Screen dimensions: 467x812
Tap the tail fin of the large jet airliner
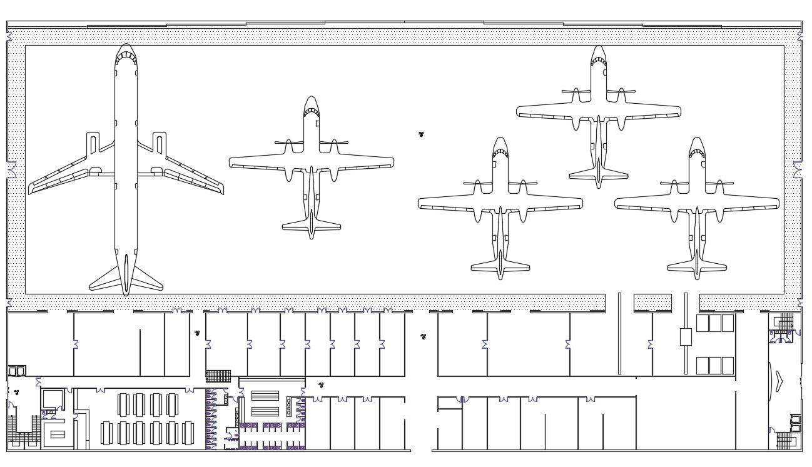pyautogui.click(x=126, y=275)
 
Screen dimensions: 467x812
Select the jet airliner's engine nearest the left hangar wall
pyautogui.click(x=93, y=143)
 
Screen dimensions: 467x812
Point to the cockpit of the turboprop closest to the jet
pyautogui.click(x=312, y=109)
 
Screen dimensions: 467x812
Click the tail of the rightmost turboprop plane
pyautogui.click(x=697, y=265)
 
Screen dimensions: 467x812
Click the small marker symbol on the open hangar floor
pyautogui.click(x=421, y=134)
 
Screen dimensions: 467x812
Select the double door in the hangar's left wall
pyautogui.click(x=11, y=169)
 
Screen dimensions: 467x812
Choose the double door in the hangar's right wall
pyautogui.click(x=798, y=169)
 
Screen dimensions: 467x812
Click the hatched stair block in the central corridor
pyautogui.click(x=218, y=376)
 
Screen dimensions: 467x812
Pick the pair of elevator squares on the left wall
pyautogui.click(x=17, y=371)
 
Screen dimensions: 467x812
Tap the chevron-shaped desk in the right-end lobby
pyautogui.click(x=778, y=381)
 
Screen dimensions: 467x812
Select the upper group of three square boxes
pyautogui.click(x=715, y=323)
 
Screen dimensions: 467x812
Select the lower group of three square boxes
pyautogui.click(x=715, y=366)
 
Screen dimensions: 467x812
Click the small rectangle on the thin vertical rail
pyautogui.click(x=686, y=337)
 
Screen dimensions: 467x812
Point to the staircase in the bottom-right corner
pyautogui.click(x=784, y=441)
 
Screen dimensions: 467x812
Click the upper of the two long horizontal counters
pyautogui.click(x=265, y=396)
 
